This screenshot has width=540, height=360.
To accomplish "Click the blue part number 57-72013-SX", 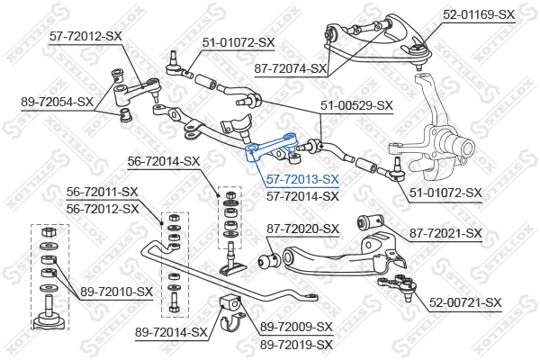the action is [x=302, y=179].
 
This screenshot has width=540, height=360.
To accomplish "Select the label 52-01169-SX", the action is [x=479, y=14].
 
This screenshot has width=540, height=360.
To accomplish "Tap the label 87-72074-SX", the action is [x=291, y=68].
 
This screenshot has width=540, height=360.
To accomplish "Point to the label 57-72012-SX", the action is [x=85, y=36].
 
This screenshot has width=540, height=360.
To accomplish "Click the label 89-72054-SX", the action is [x=58, y=102].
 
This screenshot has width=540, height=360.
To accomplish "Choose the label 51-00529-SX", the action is [x=356, y=105].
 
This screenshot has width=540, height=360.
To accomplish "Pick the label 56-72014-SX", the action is [x=164, y=161].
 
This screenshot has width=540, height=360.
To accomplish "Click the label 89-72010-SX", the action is [x=116, y=292].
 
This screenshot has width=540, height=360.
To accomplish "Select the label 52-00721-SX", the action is [x=465, y=302].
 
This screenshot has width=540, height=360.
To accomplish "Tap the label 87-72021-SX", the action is [x=445, y=233].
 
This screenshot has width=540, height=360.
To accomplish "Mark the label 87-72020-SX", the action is [x=302, y=229].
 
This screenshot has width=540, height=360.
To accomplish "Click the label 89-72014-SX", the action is [x=172, y=332].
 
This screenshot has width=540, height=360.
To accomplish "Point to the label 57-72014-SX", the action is [x=302, y=196].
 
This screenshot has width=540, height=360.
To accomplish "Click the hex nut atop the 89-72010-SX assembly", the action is [x=49, y=231].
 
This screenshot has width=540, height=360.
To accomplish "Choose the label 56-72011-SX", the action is [x=103, y=192].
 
